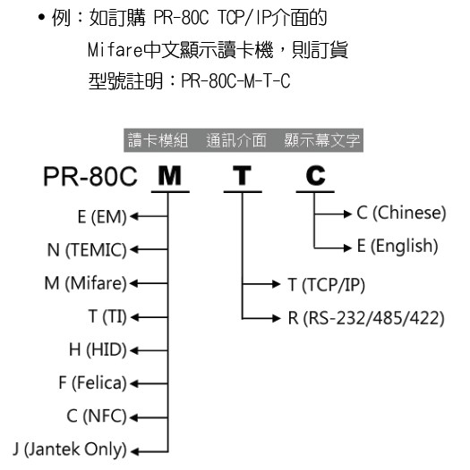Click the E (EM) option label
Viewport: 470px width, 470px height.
pyautogui.click(x=102, y=217)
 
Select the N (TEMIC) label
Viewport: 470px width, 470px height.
pyautogui.click(x=87, y=249)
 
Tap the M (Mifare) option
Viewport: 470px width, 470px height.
pyautogui.click(x=86, y=283)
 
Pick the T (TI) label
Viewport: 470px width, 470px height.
pyautogui.click(x=107, y=316)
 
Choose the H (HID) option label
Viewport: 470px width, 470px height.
pyautogui.click(x=98, y=349)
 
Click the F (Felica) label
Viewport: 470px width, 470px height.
pyautogui.click(x=93, y=383)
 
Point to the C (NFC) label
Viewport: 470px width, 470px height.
pyautogui.click(x=97, y=416)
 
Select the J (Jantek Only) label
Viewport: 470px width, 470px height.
pyautogui.click(x=70, y=449)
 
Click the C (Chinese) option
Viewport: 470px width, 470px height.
pyautogui.click(x=401, y=214)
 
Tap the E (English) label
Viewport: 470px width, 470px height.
pyautogui.click(x=397, y=247)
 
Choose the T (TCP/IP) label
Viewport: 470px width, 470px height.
pyautogui.click(x=327, y=284)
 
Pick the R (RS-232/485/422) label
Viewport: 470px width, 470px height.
pyautogui.click(x=366, y=318)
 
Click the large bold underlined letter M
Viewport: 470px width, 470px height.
pyautogui.click(x=170, y=176)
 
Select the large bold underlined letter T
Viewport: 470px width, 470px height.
pyautogui.click(x=242, y=176)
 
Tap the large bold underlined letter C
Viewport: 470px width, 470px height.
pyautogui.click(x=316, y=176)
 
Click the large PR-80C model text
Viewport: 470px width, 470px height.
pyautogui.click(x=90, y=177)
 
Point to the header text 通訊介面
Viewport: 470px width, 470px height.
pyautogui.click(x=236, y=140)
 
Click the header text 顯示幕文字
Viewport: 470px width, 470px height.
pyautogui.click(x=322, y=140)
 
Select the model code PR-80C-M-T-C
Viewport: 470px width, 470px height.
pyautogui.click(x=235, y=81)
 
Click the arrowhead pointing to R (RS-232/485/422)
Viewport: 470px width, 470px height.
pyautogui.click(x=277, y=318)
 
